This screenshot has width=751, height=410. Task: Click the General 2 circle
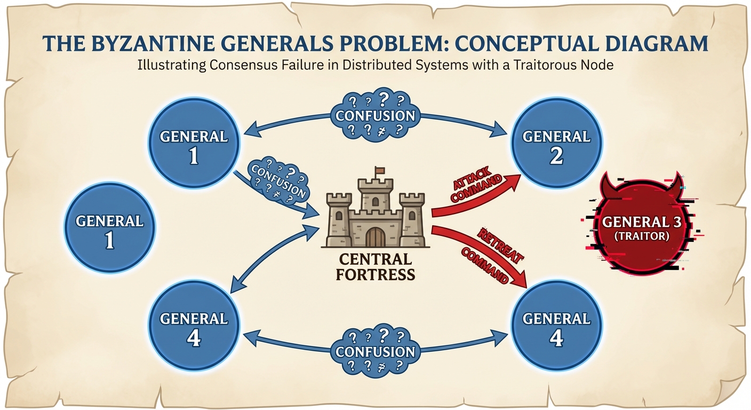556,145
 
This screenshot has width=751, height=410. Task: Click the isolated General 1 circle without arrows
109,230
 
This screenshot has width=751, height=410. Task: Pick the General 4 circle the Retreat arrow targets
556,327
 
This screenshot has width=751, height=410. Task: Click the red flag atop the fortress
379,171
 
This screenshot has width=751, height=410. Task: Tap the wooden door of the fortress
375,236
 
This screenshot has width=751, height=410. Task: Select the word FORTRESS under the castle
375,275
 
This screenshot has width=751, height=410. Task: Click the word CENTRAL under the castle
375,260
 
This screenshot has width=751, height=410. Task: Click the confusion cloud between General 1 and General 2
375,115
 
